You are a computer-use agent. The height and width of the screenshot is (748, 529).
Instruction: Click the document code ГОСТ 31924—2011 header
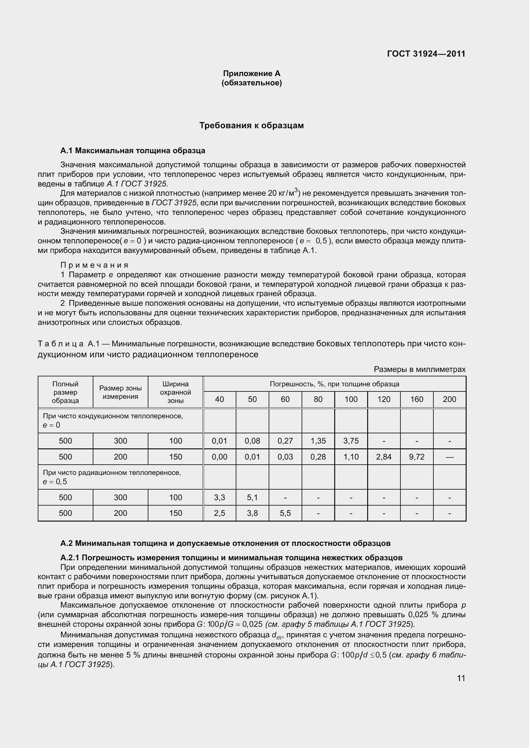426,54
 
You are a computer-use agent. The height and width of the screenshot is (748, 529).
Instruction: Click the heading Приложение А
251,74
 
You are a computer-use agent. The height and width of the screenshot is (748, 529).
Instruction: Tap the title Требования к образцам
251,125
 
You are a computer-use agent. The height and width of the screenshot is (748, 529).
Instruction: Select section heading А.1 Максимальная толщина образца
133,151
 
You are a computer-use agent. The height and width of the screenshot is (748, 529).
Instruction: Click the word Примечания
94,265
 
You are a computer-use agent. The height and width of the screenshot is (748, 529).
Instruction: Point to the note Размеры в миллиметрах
420,369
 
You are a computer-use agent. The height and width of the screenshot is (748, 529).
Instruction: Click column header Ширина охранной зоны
175,392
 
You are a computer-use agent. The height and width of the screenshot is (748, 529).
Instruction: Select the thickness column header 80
318,399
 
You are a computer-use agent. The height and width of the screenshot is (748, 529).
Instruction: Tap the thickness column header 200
449,399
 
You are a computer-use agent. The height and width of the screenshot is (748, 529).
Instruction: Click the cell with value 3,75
351,441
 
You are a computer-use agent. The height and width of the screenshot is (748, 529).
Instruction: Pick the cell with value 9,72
417,457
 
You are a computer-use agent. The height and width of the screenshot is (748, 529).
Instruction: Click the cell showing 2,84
384,457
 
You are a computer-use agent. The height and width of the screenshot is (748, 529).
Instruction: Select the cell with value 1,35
318,441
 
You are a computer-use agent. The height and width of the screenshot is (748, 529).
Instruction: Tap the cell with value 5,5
285,513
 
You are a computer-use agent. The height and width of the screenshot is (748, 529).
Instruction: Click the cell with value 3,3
219,498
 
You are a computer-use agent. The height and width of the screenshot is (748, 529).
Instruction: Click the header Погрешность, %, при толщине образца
334,384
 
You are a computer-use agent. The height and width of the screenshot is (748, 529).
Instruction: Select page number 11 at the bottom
461,678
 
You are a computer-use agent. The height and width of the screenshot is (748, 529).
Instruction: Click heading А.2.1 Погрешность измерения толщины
231,557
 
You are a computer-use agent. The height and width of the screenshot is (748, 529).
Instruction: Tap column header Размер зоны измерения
120,392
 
